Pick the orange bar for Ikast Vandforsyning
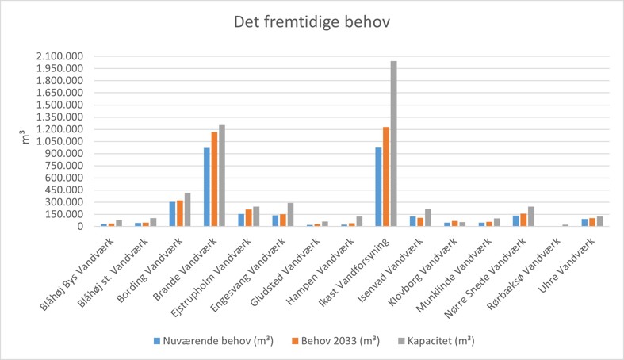coord(385,176)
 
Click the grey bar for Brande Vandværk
coord(222,175)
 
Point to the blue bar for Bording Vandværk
coord(172,213)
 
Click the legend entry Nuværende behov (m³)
coord(205,341)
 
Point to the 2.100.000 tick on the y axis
coord(60,56)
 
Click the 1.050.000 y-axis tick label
coord(60,141)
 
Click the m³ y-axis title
coord(25,140)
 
